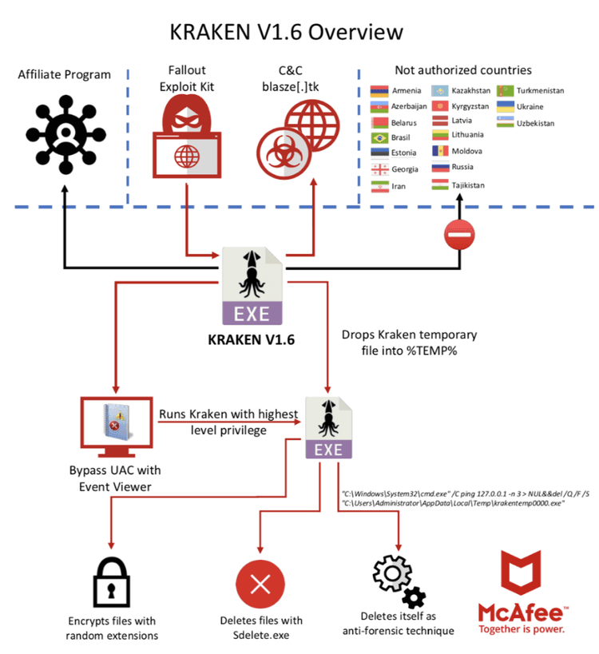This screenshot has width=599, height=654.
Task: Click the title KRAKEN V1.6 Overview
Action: [x=287, y=32]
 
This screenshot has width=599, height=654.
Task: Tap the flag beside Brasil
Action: [x=380, y=138]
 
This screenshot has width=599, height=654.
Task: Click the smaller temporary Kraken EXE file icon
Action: [x=328, y=427]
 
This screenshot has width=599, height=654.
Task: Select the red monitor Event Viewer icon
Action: [x=117, y=423]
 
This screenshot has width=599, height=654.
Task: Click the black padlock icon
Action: [x=112, y=581]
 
